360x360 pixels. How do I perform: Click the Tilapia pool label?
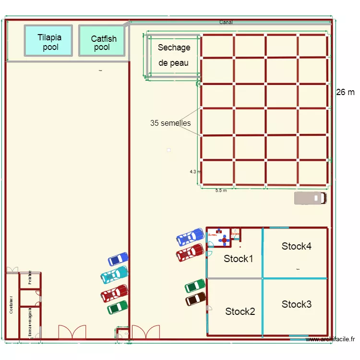[49, 42]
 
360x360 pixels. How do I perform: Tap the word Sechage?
[174, 48]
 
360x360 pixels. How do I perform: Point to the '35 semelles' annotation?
[170, 123]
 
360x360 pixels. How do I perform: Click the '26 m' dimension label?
[345, 92]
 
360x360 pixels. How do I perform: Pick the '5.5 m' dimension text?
[221, 191]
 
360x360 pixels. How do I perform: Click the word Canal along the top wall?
[226, 22]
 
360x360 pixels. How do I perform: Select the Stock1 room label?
[239, 259]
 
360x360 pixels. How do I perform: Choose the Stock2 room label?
[240, 312]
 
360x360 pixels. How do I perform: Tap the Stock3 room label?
[297, 304]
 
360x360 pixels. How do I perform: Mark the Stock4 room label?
[297, 246]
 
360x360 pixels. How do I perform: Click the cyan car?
[114, 275]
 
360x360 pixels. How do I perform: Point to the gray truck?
[310, 198]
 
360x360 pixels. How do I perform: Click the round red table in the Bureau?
[224, 240]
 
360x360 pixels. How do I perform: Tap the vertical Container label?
[11, 305]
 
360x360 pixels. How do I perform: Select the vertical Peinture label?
[30, 278]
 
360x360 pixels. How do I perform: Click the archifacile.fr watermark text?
[330, 340]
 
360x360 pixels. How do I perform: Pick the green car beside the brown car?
[195, 286]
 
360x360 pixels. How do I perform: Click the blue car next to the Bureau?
[190, 237]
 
